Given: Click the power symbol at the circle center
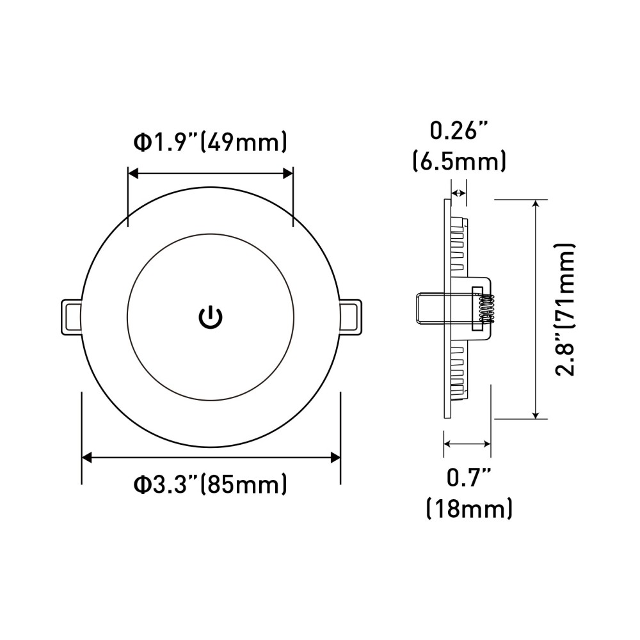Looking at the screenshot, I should pyautogui.click(x=211, y=316).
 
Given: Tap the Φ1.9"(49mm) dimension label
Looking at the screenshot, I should pyautogui.click(x=210, y=142).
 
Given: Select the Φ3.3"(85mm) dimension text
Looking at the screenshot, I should pyautogui.click(x=210, y=484).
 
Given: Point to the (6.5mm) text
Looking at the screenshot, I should pyautogui.click(x=459, y=160).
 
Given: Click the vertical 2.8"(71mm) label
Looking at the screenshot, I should pyautogui.click(x=566, y=309).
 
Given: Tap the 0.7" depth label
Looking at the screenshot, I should pyautogui.click(x=468, y=479).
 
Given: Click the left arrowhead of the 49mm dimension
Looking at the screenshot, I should pyautogui.click(x=132, y=172).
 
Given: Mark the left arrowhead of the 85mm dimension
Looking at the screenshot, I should pyautogui.click(x=88, y=457).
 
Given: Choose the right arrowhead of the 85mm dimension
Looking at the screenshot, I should pyautogui.click(x=334, y=457).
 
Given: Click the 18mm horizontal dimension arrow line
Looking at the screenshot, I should pyautogui.click(x=468, y=443).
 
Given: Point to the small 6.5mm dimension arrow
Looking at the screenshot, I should pyautogui.click(x=458, y=192).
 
